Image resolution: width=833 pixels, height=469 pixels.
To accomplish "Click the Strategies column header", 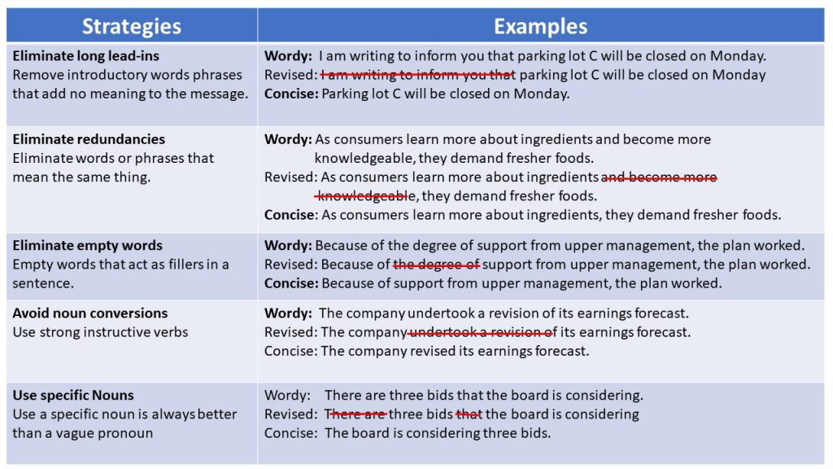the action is (131, 26).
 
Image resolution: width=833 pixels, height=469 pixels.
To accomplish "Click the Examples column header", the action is (540, 26).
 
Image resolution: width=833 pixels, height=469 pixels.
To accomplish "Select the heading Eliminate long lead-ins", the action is (85, 56).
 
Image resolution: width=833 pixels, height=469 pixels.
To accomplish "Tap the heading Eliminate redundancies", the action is (89, 138).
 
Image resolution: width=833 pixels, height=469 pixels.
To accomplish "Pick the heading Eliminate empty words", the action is (87, 245).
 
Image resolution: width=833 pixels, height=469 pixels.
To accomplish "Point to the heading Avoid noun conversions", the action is (89, 313).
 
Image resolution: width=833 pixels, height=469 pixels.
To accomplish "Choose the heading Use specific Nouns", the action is (72, 395).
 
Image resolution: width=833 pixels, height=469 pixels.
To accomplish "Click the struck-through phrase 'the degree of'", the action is (436, 265).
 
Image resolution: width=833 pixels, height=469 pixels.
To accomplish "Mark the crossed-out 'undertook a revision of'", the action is (482, 332).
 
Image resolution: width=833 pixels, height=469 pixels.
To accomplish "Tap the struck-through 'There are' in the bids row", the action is (355, 414).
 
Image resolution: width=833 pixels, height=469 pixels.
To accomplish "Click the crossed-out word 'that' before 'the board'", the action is (468, 414).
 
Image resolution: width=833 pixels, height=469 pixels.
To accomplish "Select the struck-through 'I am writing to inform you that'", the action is (418, 75).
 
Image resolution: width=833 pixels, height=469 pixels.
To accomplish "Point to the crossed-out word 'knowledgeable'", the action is (365, 196).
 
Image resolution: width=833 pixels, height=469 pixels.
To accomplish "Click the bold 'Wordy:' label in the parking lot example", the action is (288, 56).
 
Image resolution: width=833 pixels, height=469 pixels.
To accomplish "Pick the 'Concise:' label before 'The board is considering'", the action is (290, 433).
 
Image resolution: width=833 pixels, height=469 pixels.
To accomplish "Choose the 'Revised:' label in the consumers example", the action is (290, 177).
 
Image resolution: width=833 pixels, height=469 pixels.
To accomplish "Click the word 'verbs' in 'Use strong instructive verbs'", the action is (170, 332).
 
